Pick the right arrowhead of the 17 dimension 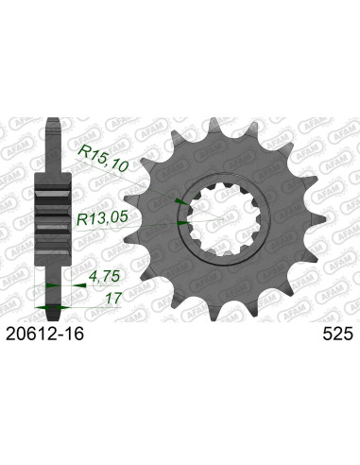pyautogui.click(x=63, y=309)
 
